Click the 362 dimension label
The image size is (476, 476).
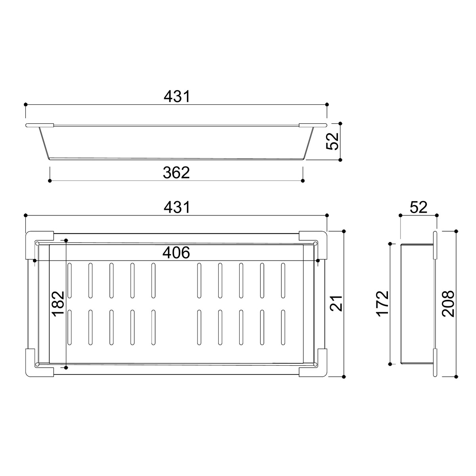click(176, 173)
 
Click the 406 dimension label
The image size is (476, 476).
click(176, 252)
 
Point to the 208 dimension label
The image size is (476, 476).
click(448, 304)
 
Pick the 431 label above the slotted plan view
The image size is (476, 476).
click(177, 207)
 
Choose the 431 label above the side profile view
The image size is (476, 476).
click(177, 96)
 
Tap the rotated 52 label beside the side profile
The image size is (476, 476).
click(332, 141)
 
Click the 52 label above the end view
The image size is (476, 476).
click(418, 207)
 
